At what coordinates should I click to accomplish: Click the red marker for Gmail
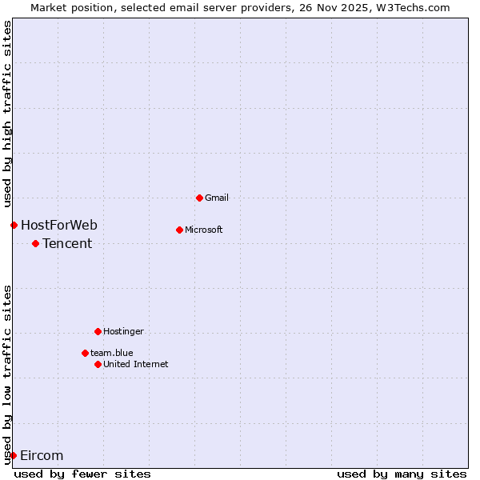[x=199, y=198]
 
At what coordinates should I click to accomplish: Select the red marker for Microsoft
[x=179, y=230]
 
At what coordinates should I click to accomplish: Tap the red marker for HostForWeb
[x=14, y=225]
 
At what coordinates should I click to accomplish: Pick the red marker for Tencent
[x=35, y=243]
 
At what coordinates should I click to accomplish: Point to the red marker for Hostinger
[x=98, y=331]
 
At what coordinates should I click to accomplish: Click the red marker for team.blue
[x=85, y=353]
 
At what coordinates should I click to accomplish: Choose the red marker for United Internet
[x=98, y=364]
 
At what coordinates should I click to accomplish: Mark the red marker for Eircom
[x=13, y=455]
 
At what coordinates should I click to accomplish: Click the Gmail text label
[x=217, y=198]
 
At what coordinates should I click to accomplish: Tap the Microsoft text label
[x=204, y=230]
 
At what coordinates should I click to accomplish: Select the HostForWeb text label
[x=59, y=225]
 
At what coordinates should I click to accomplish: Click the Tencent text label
[x=67, y=243]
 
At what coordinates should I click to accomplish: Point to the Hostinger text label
[x=124, y=331]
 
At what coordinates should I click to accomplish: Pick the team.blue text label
[x=112, y=353]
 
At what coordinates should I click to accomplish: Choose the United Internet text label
[x=136, y=364]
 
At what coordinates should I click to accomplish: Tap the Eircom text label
[x=42, y=455]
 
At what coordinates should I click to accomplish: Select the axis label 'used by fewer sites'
[x=82, y=474]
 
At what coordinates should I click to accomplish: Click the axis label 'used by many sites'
[x=402, y=474]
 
